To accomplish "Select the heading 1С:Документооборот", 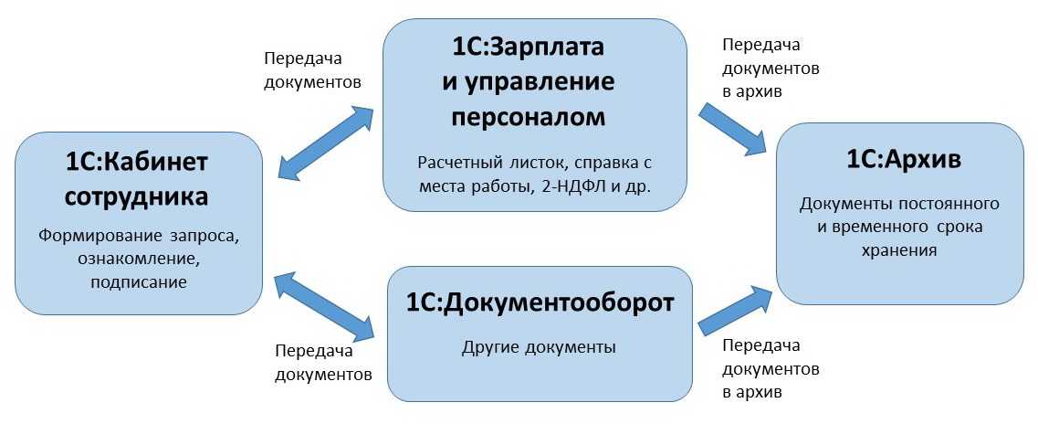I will [x=540, y=303].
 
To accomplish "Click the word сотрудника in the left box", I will [x=138, y=196].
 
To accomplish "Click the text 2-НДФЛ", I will [x=577, y=187].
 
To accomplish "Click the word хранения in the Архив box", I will [x=899, y=248].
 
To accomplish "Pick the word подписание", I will [x=139, y=282].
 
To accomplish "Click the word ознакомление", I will [x=139, y=260].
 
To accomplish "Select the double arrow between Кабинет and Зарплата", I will [x=325, y=142].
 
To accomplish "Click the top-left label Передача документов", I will [x=312, y=70].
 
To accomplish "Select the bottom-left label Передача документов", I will [x=323, y=362].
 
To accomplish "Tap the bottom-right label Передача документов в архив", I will [x=770, y=369].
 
